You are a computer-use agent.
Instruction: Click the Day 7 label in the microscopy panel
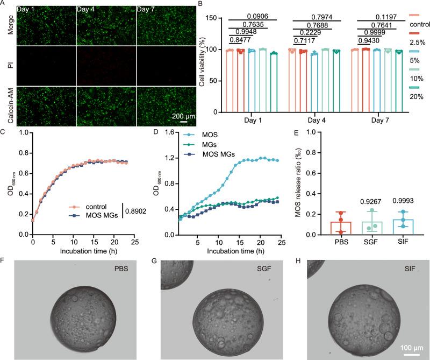click(148, 10)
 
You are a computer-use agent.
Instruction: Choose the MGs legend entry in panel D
click(207, 152)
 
